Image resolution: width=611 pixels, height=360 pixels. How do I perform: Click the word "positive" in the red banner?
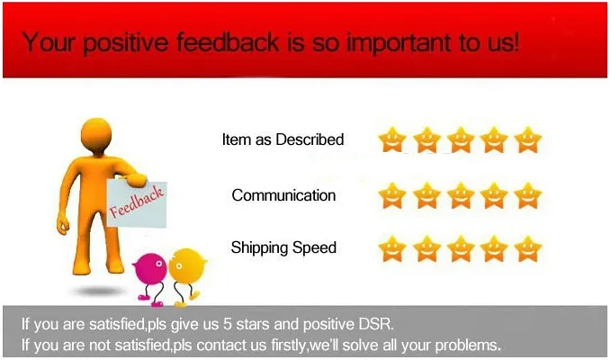(125, 43)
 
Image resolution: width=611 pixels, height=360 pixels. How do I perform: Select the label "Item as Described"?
(283, 139)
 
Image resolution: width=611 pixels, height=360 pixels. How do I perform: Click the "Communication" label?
(283, 195)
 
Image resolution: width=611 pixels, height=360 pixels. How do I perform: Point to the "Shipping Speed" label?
(283, 247)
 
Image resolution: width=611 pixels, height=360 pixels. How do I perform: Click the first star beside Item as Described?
(392, 139)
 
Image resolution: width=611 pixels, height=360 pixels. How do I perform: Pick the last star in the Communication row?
(527, 195)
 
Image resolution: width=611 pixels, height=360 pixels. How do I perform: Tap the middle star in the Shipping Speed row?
(461, 248)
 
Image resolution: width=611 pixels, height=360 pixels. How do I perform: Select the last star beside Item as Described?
(527, 139)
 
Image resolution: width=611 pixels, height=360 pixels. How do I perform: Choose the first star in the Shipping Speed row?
(392, 248)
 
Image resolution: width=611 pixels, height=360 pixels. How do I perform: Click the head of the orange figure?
(96, 133)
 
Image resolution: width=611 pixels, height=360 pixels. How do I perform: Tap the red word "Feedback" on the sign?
(137, 202)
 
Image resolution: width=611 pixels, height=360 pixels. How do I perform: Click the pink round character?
(150, 269)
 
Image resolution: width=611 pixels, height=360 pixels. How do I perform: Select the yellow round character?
(187, 265)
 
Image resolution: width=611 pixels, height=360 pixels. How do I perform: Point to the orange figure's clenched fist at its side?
(63, 226)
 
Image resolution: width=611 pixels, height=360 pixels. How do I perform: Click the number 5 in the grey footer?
(228, 324)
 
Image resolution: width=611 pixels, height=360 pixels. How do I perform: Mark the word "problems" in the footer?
(467, 346)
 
